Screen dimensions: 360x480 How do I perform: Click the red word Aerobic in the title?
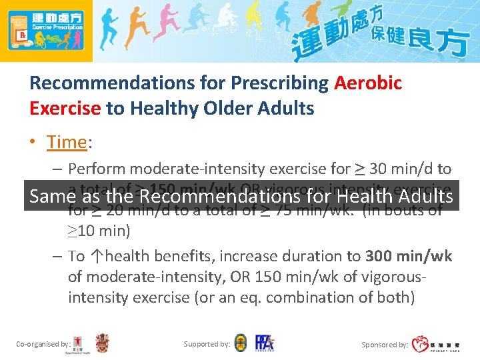click(368, 83)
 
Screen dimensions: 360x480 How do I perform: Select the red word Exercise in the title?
click(65, 108)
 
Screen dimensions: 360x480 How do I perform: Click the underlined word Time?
click(67, 142)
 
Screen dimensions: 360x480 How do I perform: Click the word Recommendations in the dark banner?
click(219, 196)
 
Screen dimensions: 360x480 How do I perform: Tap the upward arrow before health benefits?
click(97, 256)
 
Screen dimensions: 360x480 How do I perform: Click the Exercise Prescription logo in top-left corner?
click(46, 31)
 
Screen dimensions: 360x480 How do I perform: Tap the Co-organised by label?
click(43, 345)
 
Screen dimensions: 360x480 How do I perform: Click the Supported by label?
click(207, 345)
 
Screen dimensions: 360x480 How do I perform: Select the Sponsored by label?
click(385, 345)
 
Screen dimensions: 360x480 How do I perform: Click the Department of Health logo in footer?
click(81, 343)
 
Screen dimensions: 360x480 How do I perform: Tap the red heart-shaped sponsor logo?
click(421, 344)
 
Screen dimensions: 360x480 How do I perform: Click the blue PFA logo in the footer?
click(264, 343)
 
